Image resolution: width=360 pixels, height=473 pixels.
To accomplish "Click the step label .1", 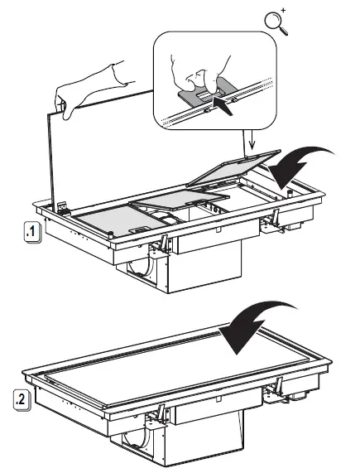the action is pos(31,232).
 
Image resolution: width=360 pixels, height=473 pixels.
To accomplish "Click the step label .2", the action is pos(22,400).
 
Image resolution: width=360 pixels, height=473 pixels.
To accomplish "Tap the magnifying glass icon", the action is pos(276,22).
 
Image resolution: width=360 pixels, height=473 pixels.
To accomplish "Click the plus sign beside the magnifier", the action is pos(283,11).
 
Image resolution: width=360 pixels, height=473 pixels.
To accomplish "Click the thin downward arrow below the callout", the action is pos(252,141).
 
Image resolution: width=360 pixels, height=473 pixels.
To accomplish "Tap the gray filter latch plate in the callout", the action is pos(208,91).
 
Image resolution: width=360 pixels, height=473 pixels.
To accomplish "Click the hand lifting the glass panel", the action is pos(90,89).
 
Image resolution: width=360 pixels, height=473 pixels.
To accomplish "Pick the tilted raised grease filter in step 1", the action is pos(233,168).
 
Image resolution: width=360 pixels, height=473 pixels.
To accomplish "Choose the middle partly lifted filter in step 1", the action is pos(180,200).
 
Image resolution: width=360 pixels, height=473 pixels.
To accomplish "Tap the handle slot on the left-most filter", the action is pos(137,230).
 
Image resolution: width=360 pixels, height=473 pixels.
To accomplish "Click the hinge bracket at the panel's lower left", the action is pos(64,208).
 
